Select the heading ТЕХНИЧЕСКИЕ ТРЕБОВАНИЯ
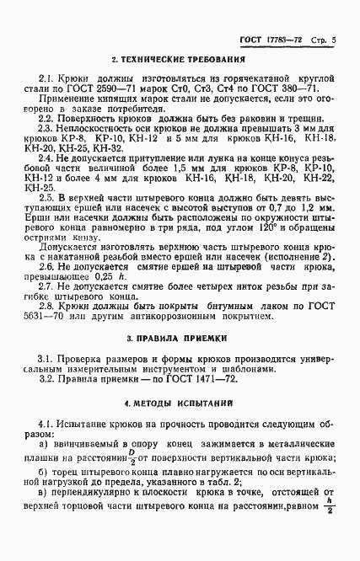point(178,61)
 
